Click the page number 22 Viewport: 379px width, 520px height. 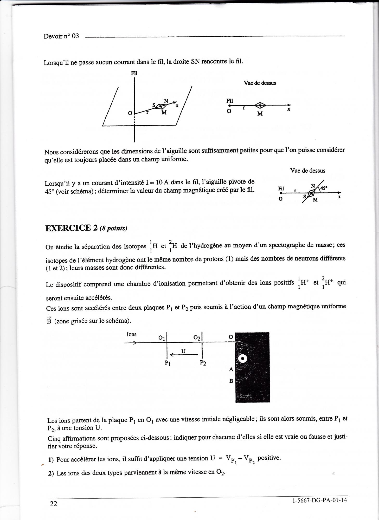pos(54,504)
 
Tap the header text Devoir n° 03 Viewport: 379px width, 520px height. pos(61,36)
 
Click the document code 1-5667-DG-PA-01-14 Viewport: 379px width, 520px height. pos(320,500)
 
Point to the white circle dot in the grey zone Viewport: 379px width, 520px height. pos(243,359)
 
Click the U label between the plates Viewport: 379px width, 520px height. pos(183,351)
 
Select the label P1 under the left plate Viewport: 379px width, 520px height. pos(168,363)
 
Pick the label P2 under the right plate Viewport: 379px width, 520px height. pos(203,363)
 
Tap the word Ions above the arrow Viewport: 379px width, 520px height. pos(131,334)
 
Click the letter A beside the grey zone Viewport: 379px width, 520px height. pos(231,369)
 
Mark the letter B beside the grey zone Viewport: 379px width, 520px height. pos(231,381)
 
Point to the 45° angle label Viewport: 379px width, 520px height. pos(324,188)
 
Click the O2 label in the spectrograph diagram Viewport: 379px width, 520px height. pos(197,337)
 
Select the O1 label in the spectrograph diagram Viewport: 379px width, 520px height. pos(162,337)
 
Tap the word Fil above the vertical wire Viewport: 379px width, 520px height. pos(134,73)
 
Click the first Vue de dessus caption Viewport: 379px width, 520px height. pos(260,83)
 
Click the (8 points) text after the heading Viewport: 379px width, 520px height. pos(113,228)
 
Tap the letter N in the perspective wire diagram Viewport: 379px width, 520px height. pos(166,101)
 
